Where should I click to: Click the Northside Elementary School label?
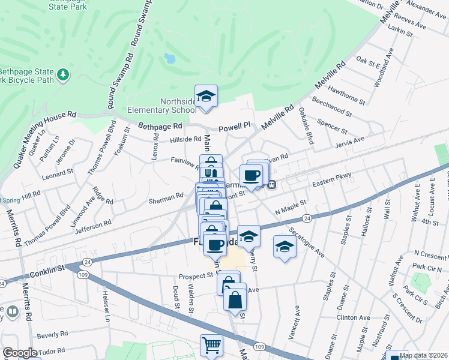point(161,106)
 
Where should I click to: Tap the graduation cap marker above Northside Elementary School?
point(206,96)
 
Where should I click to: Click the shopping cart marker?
point(211,346)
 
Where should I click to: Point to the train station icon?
point(272,185)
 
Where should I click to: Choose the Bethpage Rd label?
point(160,127)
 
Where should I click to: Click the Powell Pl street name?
point(234,128)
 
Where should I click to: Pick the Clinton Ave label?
point(353,317)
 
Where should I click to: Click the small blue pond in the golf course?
point(169,59)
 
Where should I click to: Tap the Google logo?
point(20,353)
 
